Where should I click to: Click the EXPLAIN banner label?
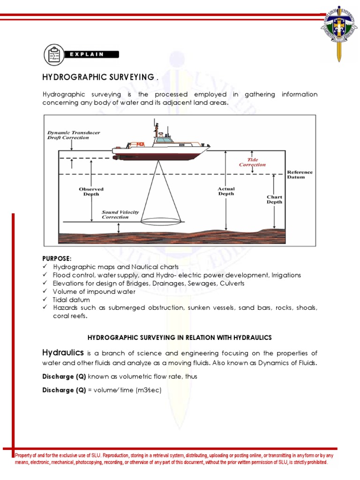(x=87, y=54)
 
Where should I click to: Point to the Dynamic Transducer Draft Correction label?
(x=74, y=135)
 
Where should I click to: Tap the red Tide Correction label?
(x=252, y=162)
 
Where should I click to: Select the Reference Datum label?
(x=300, y=174)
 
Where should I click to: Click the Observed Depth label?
(x=91, y=192)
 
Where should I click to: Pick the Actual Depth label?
(x=226, y=191)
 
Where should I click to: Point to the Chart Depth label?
(x=275, y=199)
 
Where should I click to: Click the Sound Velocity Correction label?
(x=120, y=215)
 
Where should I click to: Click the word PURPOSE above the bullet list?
(x=57, y=258)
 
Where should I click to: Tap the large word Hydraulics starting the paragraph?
(x=63, y=352)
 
